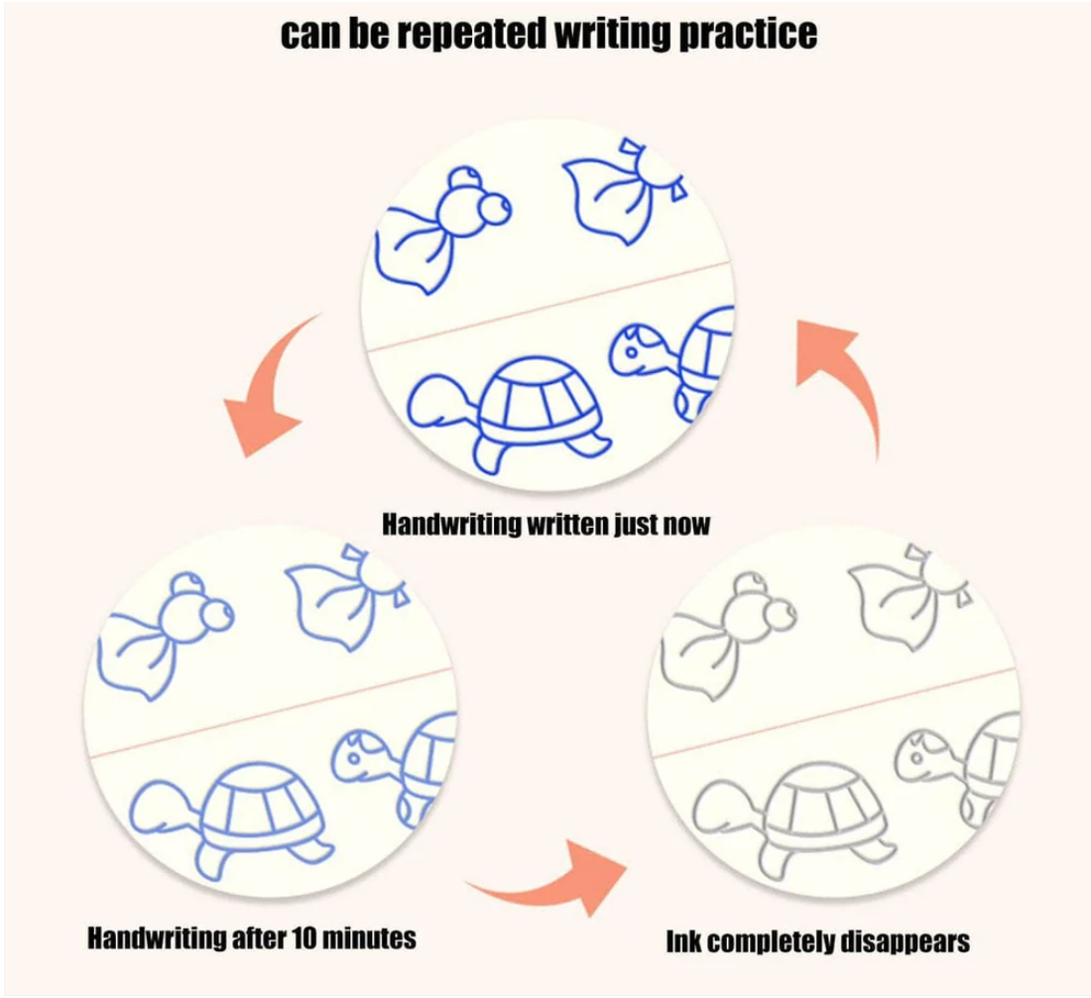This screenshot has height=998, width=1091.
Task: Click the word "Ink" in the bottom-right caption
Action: click(x=683, y=940)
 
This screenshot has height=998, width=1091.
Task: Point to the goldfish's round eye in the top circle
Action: click(x=495, y=209)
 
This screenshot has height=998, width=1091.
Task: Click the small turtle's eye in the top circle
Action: click(x=631, y=351)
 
